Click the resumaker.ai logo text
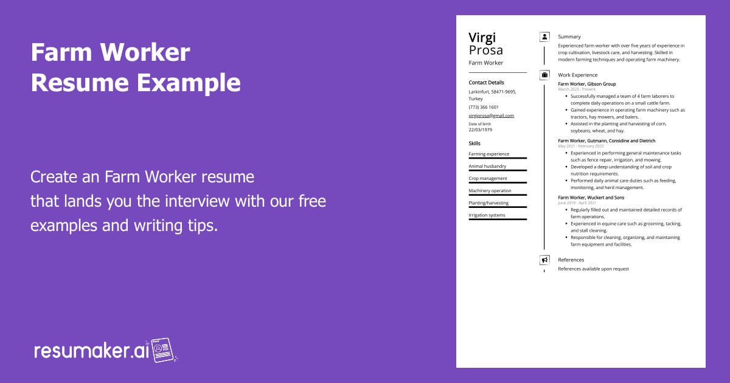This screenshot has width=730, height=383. coord(92,351)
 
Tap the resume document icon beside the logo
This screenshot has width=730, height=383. coord(163,350)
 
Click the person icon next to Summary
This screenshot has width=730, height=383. coord(544,37)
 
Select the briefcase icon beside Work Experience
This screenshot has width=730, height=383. coord(544,75)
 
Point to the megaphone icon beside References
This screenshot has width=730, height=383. coord(544,260)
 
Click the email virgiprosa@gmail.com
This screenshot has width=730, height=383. coord(491,116)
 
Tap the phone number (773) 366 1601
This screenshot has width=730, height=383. coord(483,107)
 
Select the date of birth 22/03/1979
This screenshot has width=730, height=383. coord(481,129)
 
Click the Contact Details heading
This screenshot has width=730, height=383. coord(486,83)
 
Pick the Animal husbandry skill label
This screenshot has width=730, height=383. coord(487,166)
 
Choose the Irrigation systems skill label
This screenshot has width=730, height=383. coord(487,215)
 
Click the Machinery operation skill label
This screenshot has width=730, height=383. coord(490,190)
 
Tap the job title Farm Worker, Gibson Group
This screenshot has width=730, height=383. coord(586,84)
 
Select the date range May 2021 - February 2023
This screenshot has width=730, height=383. coord(581,146)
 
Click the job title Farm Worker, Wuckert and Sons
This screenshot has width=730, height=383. coord(591,198)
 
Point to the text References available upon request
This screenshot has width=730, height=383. coord(593,269)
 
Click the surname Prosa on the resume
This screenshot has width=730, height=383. coord(485,50)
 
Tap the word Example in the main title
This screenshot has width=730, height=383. coord(189,83)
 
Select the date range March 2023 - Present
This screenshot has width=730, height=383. coord(577,89)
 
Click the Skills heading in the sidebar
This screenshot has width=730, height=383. coord(474,143)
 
